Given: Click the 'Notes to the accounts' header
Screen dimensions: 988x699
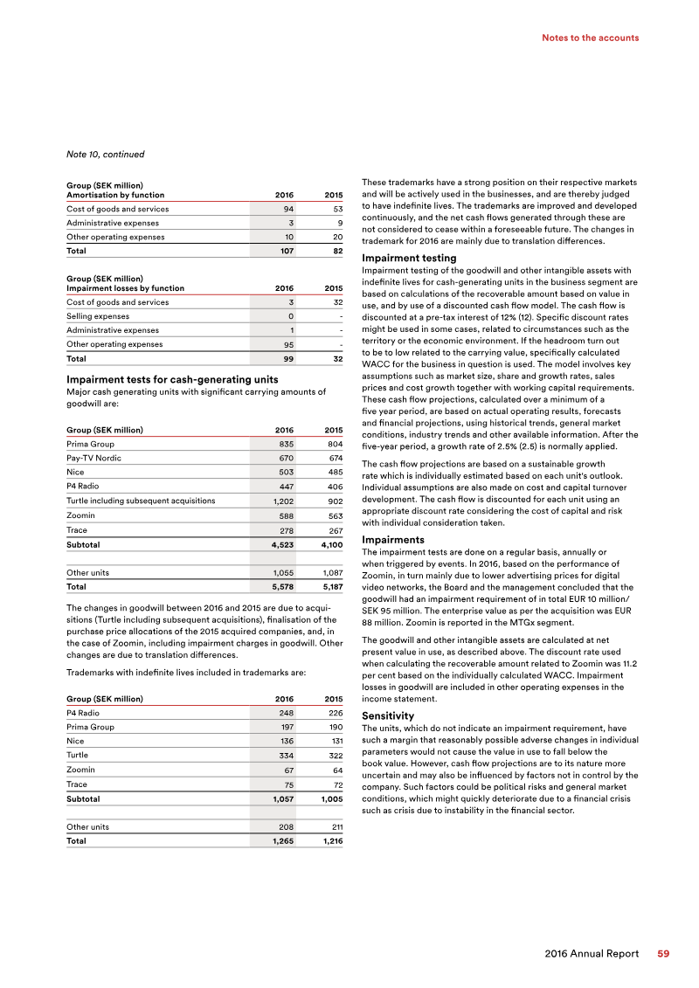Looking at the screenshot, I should pos(590,38).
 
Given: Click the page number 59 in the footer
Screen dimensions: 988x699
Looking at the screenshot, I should pos(663,954).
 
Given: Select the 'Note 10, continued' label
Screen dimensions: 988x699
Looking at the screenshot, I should pos(105,155).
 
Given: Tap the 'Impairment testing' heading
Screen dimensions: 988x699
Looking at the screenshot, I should pos(409,259).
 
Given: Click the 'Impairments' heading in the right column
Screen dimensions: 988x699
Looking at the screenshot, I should pos(392,540).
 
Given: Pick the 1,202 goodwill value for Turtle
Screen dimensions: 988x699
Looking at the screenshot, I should pos(281,501).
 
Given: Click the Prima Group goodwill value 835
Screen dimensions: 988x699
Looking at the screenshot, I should pos(285,445).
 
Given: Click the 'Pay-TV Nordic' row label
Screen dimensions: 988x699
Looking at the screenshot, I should pos(93,459).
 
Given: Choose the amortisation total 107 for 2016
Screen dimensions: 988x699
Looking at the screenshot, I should pos(285,251).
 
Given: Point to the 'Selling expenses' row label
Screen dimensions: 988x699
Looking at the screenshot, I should pos(98,316).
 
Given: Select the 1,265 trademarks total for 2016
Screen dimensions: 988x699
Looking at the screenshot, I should pos(281,841).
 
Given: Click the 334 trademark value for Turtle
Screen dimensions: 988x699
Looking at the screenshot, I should pos(285,756).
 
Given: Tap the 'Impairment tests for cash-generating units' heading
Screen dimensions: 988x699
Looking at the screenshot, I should pos(172,379).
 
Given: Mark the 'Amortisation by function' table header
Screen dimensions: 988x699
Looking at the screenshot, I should pos(115,195).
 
